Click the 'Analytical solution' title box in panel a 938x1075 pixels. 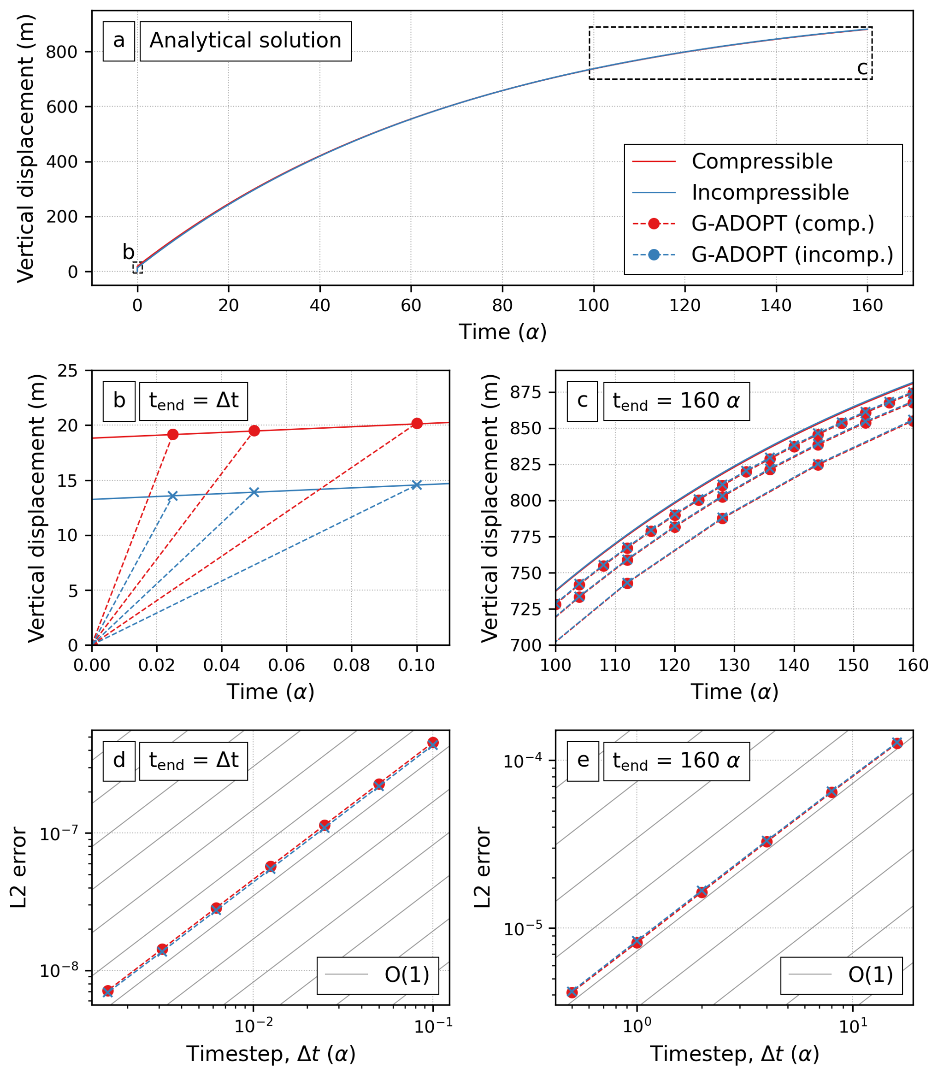pyautogui.click(x=245, y=41)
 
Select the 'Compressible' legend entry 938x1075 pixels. pyautogui.click(x=762, y=161)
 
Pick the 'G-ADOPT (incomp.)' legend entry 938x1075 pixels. pyautogui.click(x=792, y=254)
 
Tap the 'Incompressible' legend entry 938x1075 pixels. pyautogui.click(x=770, y=192)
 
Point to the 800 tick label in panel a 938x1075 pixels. pyautogui.click(x=61, y=52)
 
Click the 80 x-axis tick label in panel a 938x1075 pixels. pyautogui.click(x=502, y=305)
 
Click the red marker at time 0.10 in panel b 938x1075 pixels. pyautogui.click(x=416, y=423)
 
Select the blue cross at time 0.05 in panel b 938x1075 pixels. pyautogui.click(x=254, y=492)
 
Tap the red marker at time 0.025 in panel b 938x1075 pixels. pyautogui.click(x=173, y=434)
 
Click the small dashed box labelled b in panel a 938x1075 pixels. pyautogui.click(x=138, y=268)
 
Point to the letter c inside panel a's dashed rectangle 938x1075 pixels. pyautogui.click(x=862, y=68)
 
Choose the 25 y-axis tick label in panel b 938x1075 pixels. pyautogui.click(x=67, y=371)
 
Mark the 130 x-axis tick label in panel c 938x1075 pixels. pyautogui.click(x=734, y=665)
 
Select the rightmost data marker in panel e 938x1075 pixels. pyautogui.click(x=897, y=743)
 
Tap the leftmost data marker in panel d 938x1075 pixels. pyautogui.click(x=108, y=991)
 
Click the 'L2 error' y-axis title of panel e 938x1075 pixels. pyautogui.click(x=482, y=867)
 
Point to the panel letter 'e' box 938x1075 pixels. pyautogui.click(x=583, y=760)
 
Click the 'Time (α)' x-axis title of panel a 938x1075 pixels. pyautogui.click(x=503, y=332)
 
